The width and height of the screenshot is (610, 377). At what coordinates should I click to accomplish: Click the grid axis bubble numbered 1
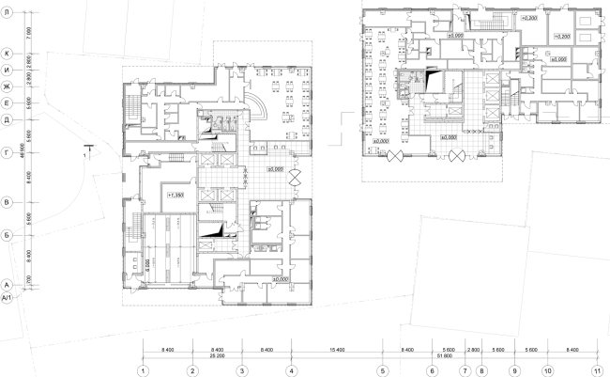click(x=143, y=370)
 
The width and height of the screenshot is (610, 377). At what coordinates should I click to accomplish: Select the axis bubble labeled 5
click(x=383, y=370)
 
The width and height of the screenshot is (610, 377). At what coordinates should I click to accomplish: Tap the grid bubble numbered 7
click(x=464, y=370)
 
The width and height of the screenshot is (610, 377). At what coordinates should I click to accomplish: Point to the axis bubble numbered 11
click(x=597, y=370)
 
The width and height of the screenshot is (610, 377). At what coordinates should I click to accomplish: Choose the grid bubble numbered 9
click(x=515, y=370)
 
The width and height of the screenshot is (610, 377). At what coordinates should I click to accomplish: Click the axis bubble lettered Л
click(x=7, y=10)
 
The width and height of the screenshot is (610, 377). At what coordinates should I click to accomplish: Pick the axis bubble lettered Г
click(x=7, y=150)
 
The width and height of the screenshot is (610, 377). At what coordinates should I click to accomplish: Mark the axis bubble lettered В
click(x=7, y=201)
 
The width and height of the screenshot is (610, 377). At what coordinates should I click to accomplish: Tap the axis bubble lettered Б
click(x=7, y=236)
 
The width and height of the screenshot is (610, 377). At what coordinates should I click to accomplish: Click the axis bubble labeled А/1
click(x=7, y=297)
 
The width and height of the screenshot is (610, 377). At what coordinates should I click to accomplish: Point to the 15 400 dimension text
click(x=336, y=348)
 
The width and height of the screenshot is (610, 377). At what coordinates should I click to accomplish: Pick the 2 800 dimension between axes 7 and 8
click(x=473, y=348)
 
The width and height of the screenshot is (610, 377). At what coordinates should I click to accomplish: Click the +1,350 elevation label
click(x=175, y=195)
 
